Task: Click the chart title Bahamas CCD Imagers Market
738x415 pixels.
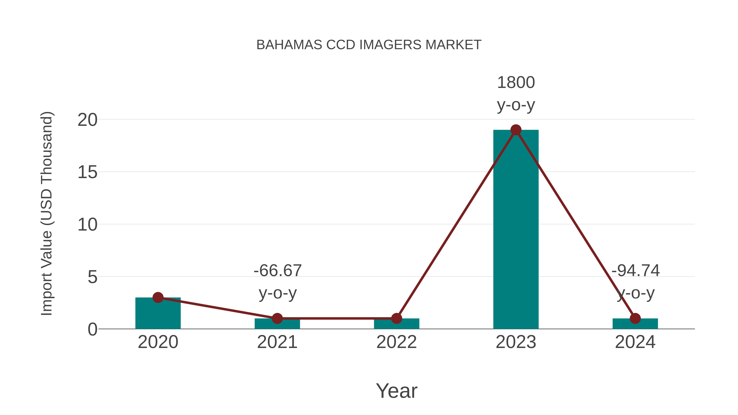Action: pyautogui.click(x=369, y=45)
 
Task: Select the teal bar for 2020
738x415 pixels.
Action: pyautogui.click(x=158, y=315)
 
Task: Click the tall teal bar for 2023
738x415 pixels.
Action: pyautogui.click(x=516, y=229)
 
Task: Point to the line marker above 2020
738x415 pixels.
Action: pyautogui.click(x=158, y=298)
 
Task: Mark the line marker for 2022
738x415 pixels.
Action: pyautogui.click(x=396, y=318)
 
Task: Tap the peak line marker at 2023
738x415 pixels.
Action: pyautogui.click(x=516, y=130)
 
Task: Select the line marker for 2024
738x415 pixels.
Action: pyautogui.click(x=635, y=318)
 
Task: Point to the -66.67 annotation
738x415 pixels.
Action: pyautogui.click(x=278, y=271)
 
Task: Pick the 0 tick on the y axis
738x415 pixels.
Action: pyautogui.click(x=92, y=329)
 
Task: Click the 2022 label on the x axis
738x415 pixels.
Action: pyautogui.click(x=396, y=342)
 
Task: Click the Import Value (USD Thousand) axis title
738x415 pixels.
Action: pyautogui.click(x=46, y=214)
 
